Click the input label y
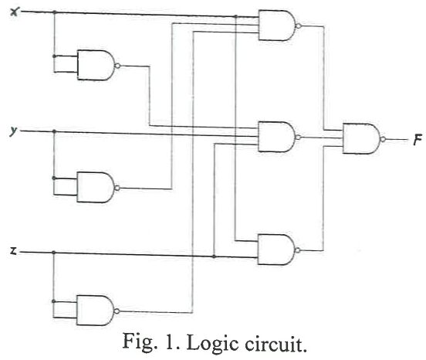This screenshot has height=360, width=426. (x=12, y=132)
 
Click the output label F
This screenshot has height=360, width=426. (x=416, y=140)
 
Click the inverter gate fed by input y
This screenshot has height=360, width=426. (x=93, y=186)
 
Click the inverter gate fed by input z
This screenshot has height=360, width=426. (x=93, y=311)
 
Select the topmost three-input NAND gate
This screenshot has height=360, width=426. (x=276, y=25)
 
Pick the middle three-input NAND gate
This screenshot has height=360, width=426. (x=276, y=137)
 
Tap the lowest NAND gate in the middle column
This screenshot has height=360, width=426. (x=276, y=250)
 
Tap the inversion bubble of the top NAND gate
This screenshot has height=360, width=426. (x=299, y=25)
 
